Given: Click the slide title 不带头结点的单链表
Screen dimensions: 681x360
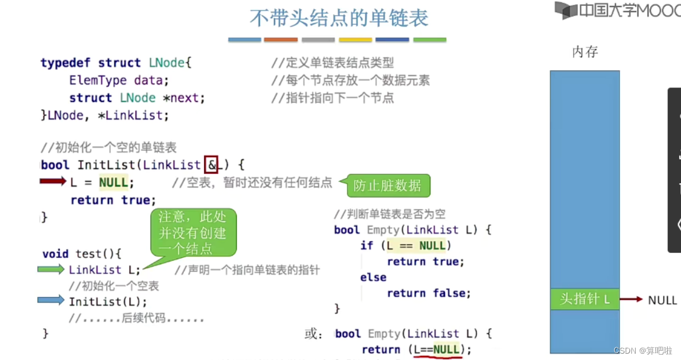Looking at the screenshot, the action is click(x=339, y=18).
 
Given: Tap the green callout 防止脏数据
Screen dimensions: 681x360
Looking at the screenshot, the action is click(x=387, y=186).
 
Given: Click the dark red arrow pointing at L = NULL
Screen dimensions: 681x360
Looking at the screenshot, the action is click(x=53, y=181).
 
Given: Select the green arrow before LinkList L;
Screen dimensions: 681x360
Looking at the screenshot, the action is click(x=51, y=269).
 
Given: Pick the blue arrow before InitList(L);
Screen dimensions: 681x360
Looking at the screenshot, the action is click(x=51, y=300).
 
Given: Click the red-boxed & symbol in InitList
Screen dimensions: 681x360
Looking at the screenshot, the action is click(x=211, y=165).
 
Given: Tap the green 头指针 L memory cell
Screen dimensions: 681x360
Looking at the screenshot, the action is click(x=585, y=299).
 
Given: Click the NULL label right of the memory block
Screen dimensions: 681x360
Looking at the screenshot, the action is click(x=662, y=300).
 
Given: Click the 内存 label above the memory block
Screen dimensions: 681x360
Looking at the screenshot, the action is click(x=585, y=52).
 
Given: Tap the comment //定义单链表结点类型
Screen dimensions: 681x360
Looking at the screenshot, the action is click(x=332, y=63).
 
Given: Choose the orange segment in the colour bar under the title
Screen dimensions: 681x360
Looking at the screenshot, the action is click(x=281, y=39).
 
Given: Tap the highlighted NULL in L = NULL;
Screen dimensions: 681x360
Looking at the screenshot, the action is click(x=113, y=182).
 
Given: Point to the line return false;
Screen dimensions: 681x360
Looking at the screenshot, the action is click(x=429, y=293).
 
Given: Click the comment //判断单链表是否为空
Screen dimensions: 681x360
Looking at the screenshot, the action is click(x=390, y=214).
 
